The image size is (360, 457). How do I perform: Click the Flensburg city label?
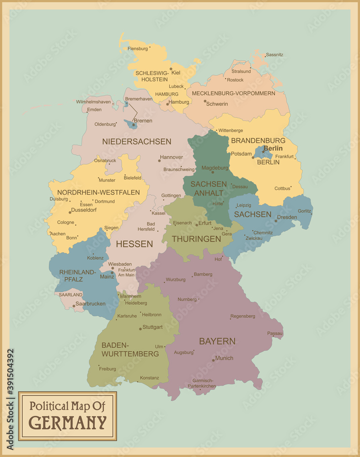click(x=138, y=48)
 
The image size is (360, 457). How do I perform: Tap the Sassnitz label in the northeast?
click(x=274, y=55)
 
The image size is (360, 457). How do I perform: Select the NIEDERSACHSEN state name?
click(x=137, y=142)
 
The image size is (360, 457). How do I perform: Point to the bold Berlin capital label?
click(x=273, y=149)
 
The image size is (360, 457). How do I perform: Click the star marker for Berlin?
click(x=263, y=152)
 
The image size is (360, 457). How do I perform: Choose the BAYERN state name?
click(x=217, y=341)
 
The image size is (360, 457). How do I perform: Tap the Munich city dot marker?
click(x=213, y=361)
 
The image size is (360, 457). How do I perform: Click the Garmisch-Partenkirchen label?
click(x=202, y=383)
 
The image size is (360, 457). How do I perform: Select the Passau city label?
click(x=275, y=334)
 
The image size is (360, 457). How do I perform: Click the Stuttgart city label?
click(x=152, y=327)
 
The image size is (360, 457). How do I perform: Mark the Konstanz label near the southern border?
click(x=150, y=378)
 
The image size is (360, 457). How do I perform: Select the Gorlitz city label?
click(x=304, y=211)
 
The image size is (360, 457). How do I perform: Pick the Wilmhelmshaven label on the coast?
click(x=93, y=102)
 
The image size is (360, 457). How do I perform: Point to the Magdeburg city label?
click(x=215, y=168)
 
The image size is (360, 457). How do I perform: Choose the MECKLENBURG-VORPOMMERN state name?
click(x=233, y=93)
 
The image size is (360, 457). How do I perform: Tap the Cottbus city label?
click(x=282, y=188)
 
